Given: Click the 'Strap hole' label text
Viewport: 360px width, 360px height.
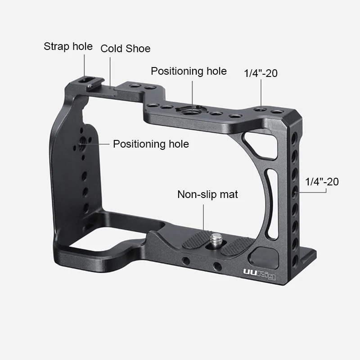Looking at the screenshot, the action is tap(68, 46).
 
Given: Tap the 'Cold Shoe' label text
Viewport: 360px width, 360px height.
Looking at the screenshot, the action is tap(125, 49).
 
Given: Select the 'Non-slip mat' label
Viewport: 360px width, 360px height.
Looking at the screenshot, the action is tap(207, 194).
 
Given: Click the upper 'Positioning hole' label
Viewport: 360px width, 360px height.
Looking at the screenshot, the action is tap(189, 71).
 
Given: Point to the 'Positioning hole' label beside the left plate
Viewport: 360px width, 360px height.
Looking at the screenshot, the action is tap(151, 144).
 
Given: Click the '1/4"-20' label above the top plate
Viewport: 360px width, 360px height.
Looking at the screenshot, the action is tap(261, 73).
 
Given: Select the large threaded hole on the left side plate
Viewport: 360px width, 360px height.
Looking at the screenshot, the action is tap(83, 145).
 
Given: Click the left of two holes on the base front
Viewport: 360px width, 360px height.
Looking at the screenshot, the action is tap(185, 261).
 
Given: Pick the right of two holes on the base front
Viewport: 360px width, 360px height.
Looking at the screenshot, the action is tap(217, 266).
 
